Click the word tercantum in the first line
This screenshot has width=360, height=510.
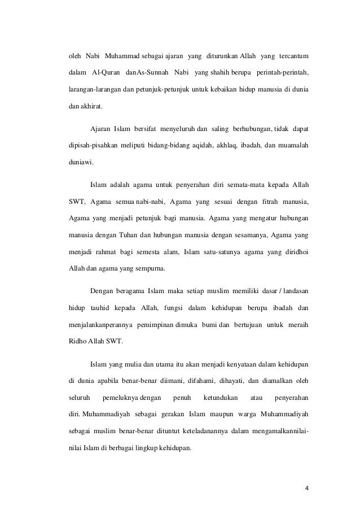coord(297,57)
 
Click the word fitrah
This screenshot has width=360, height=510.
coord(265,200)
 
